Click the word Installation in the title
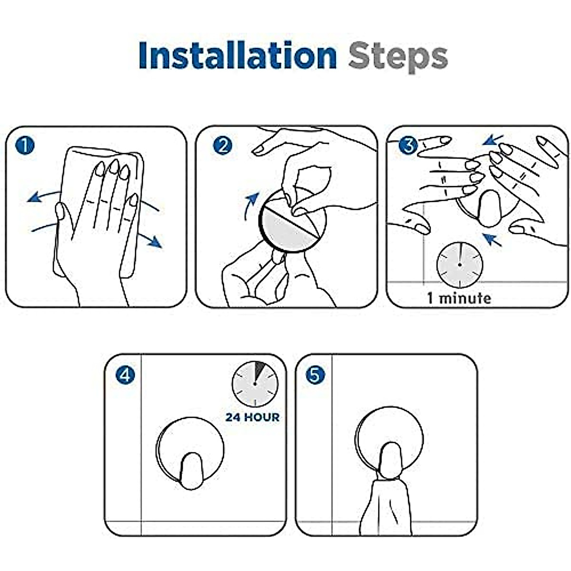click(x=237, y=55)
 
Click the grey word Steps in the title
click(x=398, y=58)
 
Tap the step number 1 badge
click(x=25, y=145)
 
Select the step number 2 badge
click(x=223, y=145)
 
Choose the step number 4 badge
click(x=125, y=374)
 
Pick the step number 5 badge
click(x=315, y=374)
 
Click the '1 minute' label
click(x=459, y=298)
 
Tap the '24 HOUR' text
click(x=253, y=417)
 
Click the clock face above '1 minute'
click(x=460, y=265)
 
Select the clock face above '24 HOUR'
click(x=255, y=384)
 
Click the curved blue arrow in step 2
click(x=250, y=206)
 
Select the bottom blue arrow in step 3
click(x=492, y=240)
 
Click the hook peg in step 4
click(x=191, y=471)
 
